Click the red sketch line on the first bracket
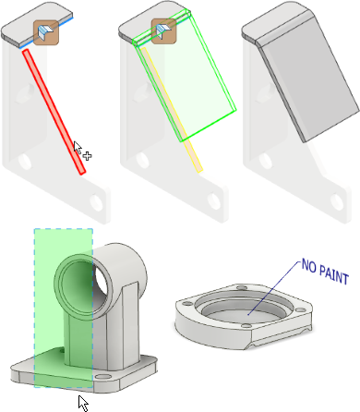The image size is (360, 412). point(54,112)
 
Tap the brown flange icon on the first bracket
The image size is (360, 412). point(46,32)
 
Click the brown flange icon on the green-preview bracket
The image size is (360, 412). point(164,31)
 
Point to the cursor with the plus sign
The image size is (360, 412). point(82,151)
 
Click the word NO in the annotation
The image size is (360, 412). point(309,266)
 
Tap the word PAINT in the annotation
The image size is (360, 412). point(334,274)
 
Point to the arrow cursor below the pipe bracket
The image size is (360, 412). point(83,404)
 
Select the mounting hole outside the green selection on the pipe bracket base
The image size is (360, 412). point(102,376)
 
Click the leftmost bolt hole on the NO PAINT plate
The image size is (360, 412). point(186,304)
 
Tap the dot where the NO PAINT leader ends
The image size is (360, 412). point(248,314)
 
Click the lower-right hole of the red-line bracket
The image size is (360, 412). point(96,202)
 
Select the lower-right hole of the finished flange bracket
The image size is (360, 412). point(337,202)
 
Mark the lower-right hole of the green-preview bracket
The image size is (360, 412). point(214,200)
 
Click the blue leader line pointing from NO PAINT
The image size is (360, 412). point(274,288)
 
